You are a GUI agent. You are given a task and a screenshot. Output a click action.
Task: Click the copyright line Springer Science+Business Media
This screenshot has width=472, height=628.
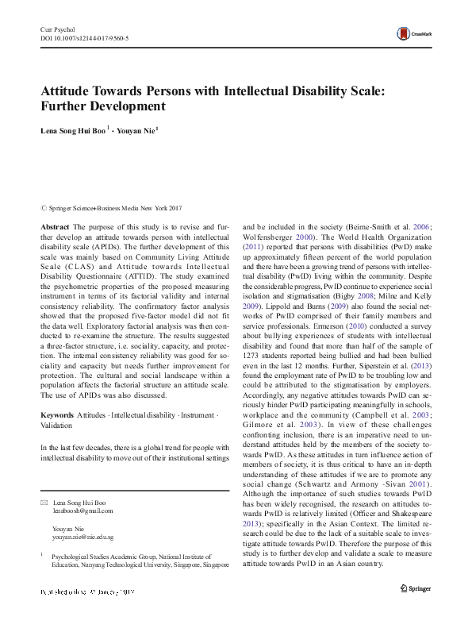click(114, 208)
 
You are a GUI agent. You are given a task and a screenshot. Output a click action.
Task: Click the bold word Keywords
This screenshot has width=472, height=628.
click(56, 416)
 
